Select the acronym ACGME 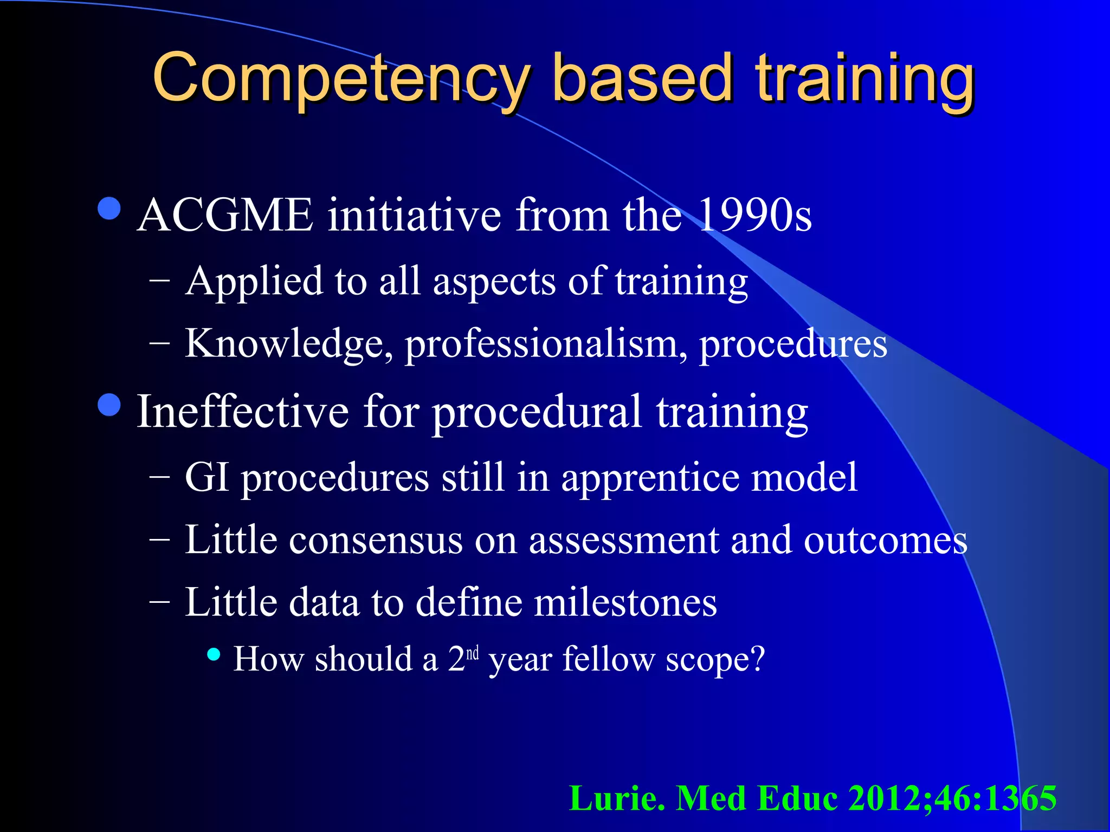click(x=225, y=215)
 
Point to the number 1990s click(x=754, y=215)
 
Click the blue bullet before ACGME click(x=110, y=209)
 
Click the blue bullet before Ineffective click(x=110, y=405)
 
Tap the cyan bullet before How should click(x=214, y=654)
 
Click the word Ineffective click(x=242, y=412)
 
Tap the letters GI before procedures click(x=206, y=478)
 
